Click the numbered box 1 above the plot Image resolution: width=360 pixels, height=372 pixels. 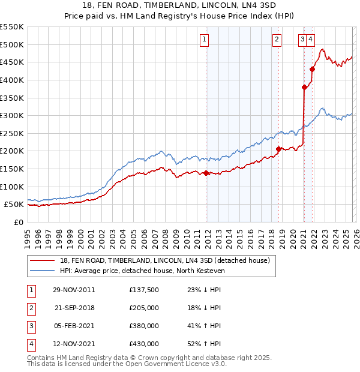[205, 40]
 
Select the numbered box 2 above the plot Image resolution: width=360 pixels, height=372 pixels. [277, 40]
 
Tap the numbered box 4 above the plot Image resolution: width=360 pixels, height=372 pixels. [311, 40]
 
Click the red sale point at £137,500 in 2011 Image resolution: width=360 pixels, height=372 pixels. [206, 173]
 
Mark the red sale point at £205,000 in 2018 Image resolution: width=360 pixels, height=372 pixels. [278, 149]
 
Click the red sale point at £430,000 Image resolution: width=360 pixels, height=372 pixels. [312, 69]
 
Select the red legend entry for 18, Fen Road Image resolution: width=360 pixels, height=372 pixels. [165, 260]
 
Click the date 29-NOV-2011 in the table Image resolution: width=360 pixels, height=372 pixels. [73, 290]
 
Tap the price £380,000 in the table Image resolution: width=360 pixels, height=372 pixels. [144, 327]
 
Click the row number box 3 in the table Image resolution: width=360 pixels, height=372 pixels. [30, 327]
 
